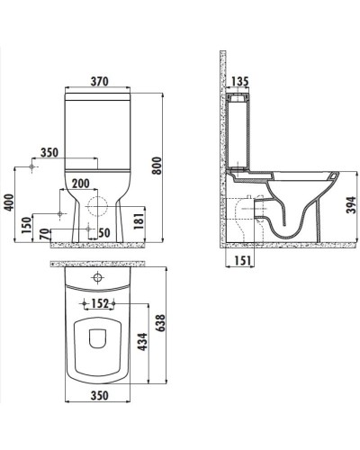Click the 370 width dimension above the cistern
(99, 81)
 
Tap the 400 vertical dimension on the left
(9, 204)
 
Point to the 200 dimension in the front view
(80, 184)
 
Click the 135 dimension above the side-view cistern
(239, 82)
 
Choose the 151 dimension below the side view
(240, 261)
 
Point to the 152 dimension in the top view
(100, 301)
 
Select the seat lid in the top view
(99, 346)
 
